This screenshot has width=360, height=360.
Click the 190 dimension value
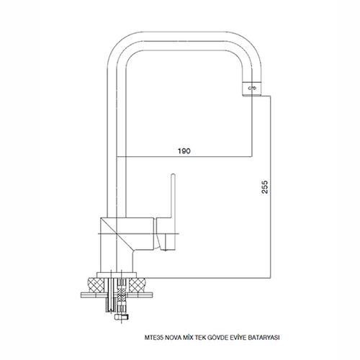pyautogui.click(x=184, y=151)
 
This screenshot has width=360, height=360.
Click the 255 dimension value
pyautogui.click(x=264, y=187)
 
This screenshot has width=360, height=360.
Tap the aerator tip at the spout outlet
pyautogui.click(x=252, y=89)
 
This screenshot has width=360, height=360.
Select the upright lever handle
pyautogui.click(x=173, y=196)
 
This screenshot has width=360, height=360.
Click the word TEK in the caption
pyautogui.click(x=199, y=338)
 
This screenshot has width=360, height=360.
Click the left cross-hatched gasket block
pyautogui.click(x=96, y=285)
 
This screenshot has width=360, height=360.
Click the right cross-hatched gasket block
pyautogui.click(x=138, y=285)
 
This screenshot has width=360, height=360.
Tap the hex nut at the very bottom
pyautogui.click(x=122, y=317)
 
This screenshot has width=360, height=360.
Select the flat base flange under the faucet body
pyautogui.click(x=117, y=275)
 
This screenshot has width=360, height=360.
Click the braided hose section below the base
pyautogui.click(x=122, y=297)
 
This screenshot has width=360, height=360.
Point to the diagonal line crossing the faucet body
pyautogui.click(x=117, y=234)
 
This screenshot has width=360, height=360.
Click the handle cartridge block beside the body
pyautogui.click(x=166, y=234)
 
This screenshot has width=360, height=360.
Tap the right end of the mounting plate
pyautogui.click(x=153, y=295)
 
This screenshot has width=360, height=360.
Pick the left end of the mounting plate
pyautogui.click(x=81, y=295)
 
